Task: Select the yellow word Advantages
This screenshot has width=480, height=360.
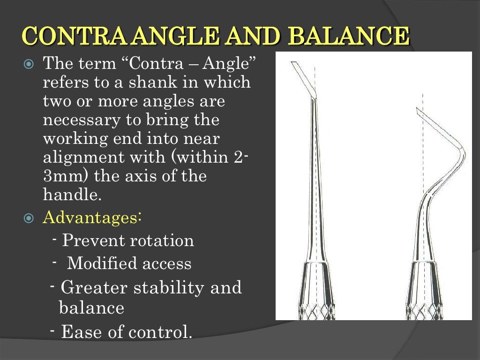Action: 93,218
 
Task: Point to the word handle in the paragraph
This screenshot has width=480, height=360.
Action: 72,194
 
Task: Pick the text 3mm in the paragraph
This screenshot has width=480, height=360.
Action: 64,176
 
